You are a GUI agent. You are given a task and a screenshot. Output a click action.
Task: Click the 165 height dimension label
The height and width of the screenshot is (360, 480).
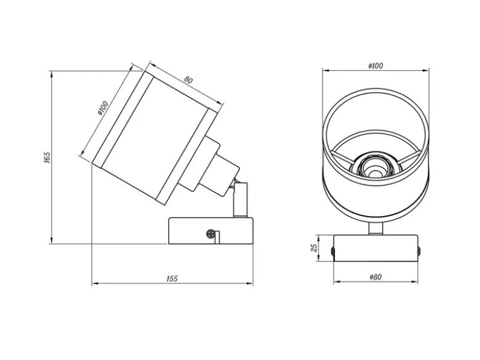coord(47,157)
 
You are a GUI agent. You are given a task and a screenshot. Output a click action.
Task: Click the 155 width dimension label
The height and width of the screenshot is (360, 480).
coord(172,279)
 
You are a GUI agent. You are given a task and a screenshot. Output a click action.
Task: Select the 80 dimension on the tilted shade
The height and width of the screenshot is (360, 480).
coord(188,79)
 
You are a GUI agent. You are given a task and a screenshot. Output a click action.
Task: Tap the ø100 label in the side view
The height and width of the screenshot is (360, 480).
coord(103,108)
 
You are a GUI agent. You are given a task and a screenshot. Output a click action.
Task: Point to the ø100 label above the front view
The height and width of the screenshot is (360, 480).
coord(375,65)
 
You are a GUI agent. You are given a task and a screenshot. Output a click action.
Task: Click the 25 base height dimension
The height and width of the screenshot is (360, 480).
coord(314,248)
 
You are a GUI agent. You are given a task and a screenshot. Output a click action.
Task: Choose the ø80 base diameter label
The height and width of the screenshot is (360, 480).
coord(375,277)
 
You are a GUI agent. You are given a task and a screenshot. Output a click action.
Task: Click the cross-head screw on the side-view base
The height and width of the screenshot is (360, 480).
coord(210,234)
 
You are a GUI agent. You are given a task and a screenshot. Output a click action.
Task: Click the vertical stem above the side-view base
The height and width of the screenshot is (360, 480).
coord(240,199)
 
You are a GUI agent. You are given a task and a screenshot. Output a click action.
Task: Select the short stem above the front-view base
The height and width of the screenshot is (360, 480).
coord(375,229)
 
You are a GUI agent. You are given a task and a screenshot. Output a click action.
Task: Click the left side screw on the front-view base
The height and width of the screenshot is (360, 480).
coord(333,251)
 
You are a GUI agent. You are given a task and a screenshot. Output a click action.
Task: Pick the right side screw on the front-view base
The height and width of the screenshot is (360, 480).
coord(419,251)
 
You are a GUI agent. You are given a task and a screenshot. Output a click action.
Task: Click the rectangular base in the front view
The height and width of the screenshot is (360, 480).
coord(375,248)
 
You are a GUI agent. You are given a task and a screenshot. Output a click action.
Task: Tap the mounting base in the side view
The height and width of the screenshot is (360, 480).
coord(211,231)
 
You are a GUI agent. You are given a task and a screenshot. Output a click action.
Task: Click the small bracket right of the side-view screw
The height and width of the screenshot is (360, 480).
coord(217,238)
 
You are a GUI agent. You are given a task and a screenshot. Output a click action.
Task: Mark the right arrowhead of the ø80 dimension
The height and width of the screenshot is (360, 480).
coord(415,282)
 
